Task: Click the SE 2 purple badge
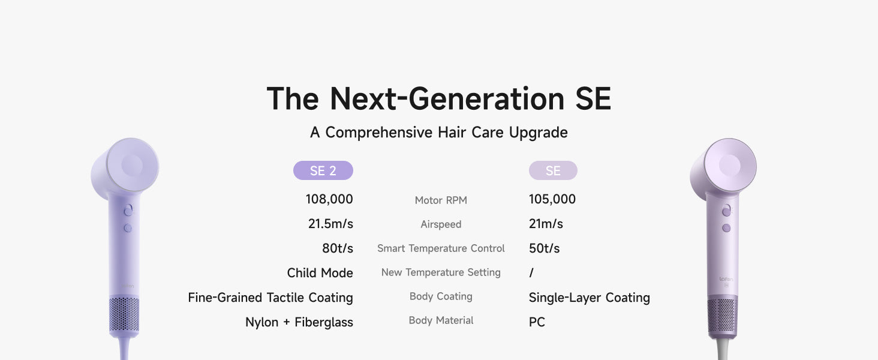323,170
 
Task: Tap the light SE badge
553,170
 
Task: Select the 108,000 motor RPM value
329,199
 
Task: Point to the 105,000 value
552,199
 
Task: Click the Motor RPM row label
441,200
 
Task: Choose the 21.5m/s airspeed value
330,224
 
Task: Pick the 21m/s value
546,224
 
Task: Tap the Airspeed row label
441,224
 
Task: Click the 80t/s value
338,248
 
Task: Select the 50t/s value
544,248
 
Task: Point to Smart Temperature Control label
441,248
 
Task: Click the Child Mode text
320,273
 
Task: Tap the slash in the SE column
531,273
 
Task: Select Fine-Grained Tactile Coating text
270,298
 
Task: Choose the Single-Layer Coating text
589,298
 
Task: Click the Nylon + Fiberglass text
299,322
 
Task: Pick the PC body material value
537,322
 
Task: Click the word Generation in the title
486,98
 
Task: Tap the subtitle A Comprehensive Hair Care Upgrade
438,133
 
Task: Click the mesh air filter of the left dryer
124,314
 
